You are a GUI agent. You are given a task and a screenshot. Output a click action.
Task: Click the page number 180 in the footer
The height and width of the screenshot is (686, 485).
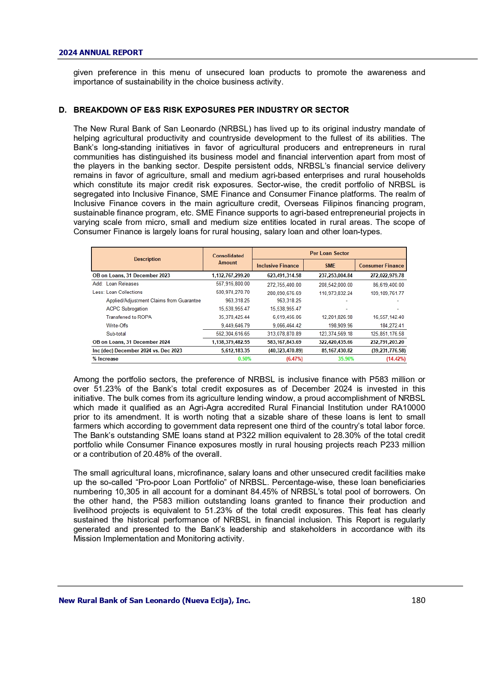pyautogui.click(x=418, y=600)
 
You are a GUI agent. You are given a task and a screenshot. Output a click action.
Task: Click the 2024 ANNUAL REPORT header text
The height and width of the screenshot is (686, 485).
pyautogui.click(x=101, y=53)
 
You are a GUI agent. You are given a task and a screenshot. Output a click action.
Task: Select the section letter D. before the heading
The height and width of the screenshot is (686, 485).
pyautogui.click(x=63, y=110)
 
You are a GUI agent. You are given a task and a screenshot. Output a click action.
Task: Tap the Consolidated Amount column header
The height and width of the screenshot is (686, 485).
pyautogui.click(x=228, y=259)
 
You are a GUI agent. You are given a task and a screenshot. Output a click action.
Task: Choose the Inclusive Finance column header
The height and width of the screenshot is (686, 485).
pyautogui.click(x=277, y=266)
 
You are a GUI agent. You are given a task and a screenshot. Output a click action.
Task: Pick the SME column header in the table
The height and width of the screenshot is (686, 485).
pyautogui.click(x=330, y=266)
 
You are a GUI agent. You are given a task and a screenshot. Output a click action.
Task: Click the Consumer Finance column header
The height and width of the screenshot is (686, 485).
pyautogui.click(x=381, y=266)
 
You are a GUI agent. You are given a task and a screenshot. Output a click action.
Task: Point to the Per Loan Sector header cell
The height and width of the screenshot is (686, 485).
pyautogui.click(x=329, y=253)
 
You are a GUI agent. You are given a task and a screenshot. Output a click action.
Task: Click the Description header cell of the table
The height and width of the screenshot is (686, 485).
pyautogui.click(x=147, y=259)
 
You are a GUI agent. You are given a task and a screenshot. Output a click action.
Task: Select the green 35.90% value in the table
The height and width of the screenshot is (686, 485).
pyautogui.click(x=346, y=359)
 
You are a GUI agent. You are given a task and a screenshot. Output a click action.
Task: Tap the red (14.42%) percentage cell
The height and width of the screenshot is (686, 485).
pyautogui.click(x=396, y=359)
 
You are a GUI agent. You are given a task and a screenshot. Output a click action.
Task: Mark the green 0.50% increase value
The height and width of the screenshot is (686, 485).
pyautogui.click(x=245, y=359)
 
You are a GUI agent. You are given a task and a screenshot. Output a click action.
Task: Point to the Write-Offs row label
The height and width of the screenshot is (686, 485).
pyautogui.click(x=117, y=326)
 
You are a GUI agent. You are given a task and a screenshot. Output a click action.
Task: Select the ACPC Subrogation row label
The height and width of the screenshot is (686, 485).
pyautogui.click(x=127, y=309)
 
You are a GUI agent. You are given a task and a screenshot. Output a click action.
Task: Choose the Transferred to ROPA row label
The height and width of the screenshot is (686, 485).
pyautogui.click(x=129, y=317)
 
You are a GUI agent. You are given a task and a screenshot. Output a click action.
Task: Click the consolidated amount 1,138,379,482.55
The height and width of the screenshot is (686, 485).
pyautogui.click(x=231, y=342)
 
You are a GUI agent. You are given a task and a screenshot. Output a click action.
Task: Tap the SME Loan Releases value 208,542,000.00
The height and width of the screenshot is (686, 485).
pyautogui.click(x=335, y=285)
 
